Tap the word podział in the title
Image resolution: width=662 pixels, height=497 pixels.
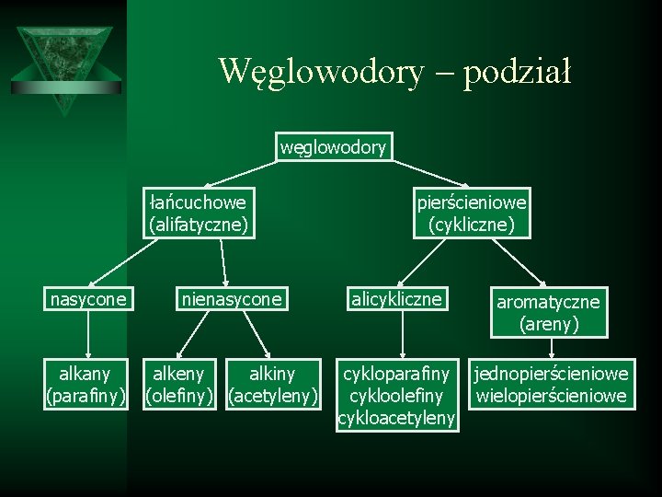(x=518, y=70)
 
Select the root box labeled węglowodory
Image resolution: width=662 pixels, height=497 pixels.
(x=333, y=147)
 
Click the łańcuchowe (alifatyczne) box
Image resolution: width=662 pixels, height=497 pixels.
(x=199, y=213)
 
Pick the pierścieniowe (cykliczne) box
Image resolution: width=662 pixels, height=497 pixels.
(x=472, y=213)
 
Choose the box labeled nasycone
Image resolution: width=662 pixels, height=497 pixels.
(x=87, y=298)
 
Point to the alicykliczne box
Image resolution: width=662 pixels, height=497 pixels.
(x=395, y=298)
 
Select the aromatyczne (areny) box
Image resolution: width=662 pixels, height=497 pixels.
(x=548, y=312)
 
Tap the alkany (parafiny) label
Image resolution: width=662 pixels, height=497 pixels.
(x=85, y=385)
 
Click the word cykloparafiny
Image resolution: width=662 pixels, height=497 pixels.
(x=396, y=374)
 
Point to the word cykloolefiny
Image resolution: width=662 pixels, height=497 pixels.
(x=396, y=397)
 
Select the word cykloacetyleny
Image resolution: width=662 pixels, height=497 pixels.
(x=396, y=419)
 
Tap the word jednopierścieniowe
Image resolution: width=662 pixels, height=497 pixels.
(x=550, y=374)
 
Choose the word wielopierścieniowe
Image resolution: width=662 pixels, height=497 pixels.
(x=550, y=397)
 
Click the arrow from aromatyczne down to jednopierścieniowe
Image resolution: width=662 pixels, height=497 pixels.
(x=550, y=349)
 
